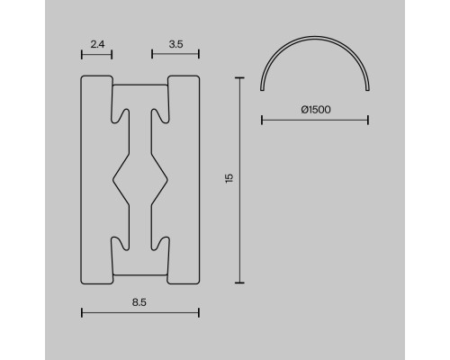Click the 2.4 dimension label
coord(97,44)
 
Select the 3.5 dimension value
coord(175,44)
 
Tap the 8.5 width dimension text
coord(139,302)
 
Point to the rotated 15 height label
coord(229,178)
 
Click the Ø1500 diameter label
coord(316,110)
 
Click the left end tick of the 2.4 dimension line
coord(82,55)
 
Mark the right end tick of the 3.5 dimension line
coord(199,54)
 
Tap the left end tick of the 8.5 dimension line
coord(82,313)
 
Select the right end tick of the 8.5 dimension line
coord(199,313)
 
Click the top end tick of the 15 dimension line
coord(239,77)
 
